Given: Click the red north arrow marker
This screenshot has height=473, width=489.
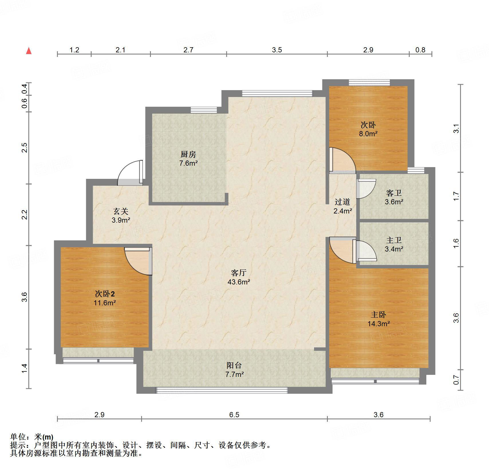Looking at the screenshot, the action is [29, 51].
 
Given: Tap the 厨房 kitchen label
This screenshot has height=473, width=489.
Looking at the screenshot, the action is [188, 155].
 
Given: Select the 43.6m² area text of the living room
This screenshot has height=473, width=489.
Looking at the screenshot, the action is [239, 282].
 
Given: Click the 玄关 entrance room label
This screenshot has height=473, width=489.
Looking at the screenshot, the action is [121, 211].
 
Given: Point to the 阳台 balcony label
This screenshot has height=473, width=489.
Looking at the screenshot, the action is [234, 365].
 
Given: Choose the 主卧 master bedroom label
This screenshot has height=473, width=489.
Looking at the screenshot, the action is [378, 315].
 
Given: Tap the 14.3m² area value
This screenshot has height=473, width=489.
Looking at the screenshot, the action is [379, 324].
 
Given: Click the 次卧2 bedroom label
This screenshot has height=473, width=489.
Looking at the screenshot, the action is [105, 294].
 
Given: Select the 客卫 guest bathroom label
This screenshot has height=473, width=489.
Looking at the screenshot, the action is [394, 193].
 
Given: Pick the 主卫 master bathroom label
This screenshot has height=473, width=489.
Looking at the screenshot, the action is [394, 240].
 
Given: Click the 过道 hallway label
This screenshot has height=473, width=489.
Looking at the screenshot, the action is [342, 202].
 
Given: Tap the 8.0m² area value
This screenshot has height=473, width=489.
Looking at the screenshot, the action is [368, 134].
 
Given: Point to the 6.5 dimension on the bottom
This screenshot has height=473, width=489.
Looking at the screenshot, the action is [234, 415].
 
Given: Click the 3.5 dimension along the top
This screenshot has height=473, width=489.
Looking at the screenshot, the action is [277, 50].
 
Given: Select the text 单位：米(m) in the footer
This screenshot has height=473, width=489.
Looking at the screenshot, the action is [32, 437].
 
